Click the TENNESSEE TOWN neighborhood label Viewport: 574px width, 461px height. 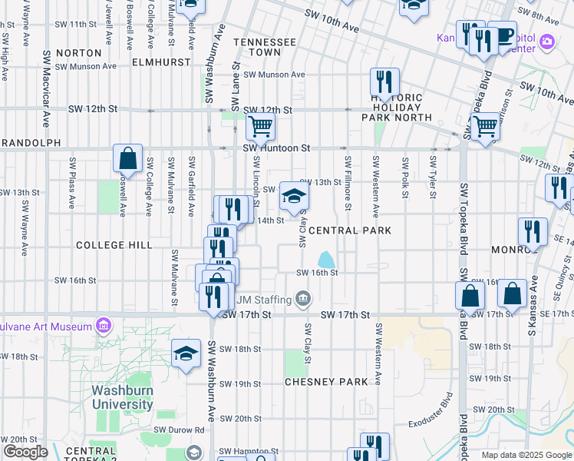click(265, 47)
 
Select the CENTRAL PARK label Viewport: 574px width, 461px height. click(350, 230)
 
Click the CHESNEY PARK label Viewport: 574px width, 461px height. click(326, 382)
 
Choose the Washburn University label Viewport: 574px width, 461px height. click(122, 396)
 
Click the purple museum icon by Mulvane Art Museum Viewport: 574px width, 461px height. click(104, 327)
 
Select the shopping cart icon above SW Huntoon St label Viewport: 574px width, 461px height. click(260, 125)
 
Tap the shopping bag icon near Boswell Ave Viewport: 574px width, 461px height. click(127, 158)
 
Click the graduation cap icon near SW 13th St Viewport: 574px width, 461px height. click(292, 196)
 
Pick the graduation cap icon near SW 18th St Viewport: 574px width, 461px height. click(185, 353)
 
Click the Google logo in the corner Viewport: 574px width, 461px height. click(25, 452)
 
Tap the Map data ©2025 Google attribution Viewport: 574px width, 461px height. click(526, 455)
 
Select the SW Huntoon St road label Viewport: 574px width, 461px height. click(276, 148)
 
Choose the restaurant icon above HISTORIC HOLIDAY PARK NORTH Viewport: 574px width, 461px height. click(384, 82)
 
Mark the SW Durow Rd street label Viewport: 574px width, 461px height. click(179, 430)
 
